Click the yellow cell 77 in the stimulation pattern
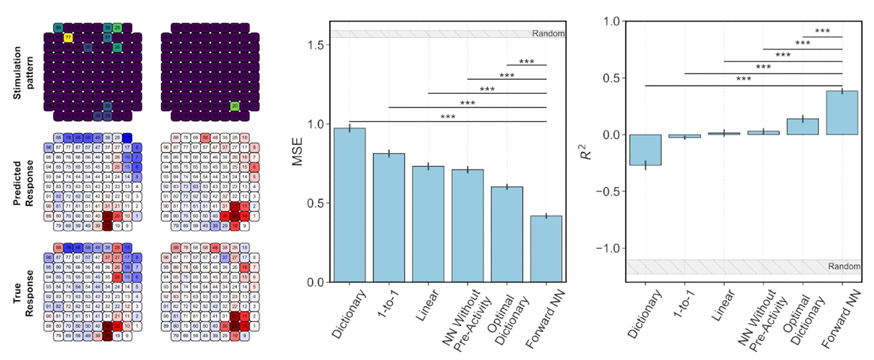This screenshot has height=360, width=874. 68,38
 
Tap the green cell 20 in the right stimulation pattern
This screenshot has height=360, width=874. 235,106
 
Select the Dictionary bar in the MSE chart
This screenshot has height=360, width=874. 350,205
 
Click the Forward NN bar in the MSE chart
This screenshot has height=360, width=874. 546,249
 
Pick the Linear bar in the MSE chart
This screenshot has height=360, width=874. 428,224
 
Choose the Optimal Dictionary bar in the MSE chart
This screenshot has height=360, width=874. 507,234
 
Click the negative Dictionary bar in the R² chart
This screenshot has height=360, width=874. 645,150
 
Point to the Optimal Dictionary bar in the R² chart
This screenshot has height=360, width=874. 803,127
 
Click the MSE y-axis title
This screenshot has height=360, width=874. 297,152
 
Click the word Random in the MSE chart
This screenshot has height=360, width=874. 548,34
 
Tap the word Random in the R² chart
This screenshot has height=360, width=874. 844,267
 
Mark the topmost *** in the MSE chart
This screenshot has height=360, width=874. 527,62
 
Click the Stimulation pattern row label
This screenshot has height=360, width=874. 23,73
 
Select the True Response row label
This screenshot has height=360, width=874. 23,293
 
